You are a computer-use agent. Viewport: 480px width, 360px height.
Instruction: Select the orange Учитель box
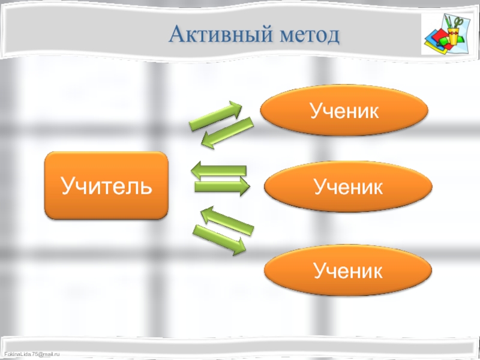106,185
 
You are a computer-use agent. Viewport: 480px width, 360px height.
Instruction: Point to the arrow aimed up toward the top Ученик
215,116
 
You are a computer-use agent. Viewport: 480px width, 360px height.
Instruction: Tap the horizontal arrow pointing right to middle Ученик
221,187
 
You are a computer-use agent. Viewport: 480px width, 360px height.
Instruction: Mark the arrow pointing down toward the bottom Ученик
220,239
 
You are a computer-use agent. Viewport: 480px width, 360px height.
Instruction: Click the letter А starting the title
177,35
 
